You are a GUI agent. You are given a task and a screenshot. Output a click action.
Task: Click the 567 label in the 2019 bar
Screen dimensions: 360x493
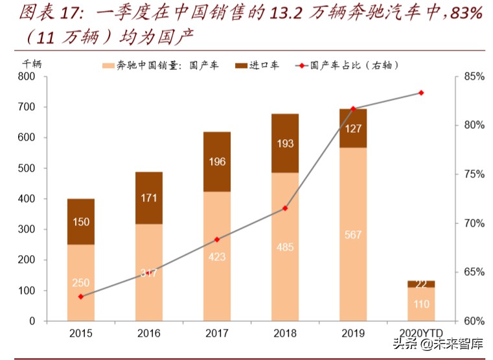[353, 235]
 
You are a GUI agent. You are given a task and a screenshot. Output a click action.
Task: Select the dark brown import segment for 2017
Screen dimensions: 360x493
[217, 162]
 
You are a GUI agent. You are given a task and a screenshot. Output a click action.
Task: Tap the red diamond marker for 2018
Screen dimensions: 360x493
[285, 208]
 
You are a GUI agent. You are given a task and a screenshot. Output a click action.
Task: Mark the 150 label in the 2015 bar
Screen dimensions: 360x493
[81, 223]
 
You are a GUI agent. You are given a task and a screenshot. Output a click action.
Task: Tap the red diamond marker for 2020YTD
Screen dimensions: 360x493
[421, 93]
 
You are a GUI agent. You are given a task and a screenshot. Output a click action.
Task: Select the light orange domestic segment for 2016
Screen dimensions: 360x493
[149, 272]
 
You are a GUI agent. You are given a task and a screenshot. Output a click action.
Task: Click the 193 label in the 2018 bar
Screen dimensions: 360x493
[285, 143]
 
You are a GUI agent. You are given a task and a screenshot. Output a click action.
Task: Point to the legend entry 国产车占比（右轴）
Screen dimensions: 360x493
[347, 65]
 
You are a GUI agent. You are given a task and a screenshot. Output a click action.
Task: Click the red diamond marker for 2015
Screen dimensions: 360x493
[81, 297]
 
